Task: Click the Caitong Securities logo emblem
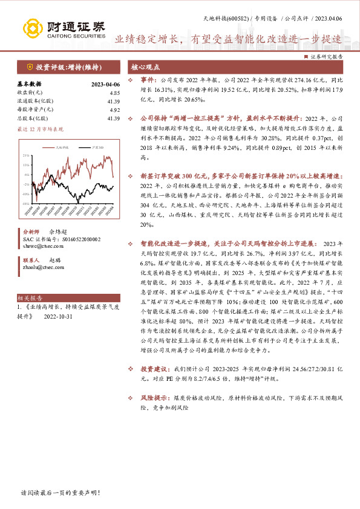[33, 28]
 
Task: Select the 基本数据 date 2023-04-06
[105, 84]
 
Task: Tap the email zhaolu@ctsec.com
[42, 267]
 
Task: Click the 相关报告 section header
[29, 298]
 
